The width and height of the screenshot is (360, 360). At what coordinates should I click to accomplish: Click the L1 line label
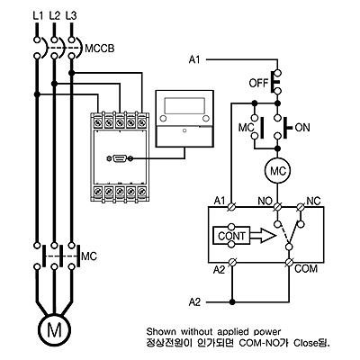(38, 15)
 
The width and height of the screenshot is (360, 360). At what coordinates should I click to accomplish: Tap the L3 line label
(70, 15)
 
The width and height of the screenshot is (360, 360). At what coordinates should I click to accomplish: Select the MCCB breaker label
(100, 49)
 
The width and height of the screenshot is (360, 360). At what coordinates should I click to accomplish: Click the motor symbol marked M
(54, 330)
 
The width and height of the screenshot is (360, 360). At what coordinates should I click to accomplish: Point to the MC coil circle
(277, 171)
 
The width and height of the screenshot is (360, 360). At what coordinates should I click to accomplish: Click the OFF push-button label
(258, 83)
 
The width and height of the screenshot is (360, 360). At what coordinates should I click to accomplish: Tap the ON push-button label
(302, 128)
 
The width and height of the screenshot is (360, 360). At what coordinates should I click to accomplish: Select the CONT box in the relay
(231, 236)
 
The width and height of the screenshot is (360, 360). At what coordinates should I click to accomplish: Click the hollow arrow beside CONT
(263, 236)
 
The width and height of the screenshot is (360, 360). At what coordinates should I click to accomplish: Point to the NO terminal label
(265, 201)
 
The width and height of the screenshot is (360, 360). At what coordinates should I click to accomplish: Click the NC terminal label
(313, 201)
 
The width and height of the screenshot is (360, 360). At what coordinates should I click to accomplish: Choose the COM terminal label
(306, 268)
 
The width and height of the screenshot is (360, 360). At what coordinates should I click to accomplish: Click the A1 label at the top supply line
(194, 59)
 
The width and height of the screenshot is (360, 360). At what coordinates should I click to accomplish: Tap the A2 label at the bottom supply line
(194, 301)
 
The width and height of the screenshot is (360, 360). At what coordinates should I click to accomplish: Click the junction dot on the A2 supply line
(231, 301)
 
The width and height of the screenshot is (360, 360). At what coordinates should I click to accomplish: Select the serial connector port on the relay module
(120, 158)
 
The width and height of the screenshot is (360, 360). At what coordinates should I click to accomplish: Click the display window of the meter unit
(184, 105)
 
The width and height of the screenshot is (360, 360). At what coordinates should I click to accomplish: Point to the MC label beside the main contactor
(89, 256)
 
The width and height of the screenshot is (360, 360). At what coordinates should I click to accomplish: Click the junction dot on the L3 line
(71, 73)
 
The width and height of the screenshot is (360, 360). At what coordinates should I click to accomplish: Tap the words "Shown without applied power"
(213, 332)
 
